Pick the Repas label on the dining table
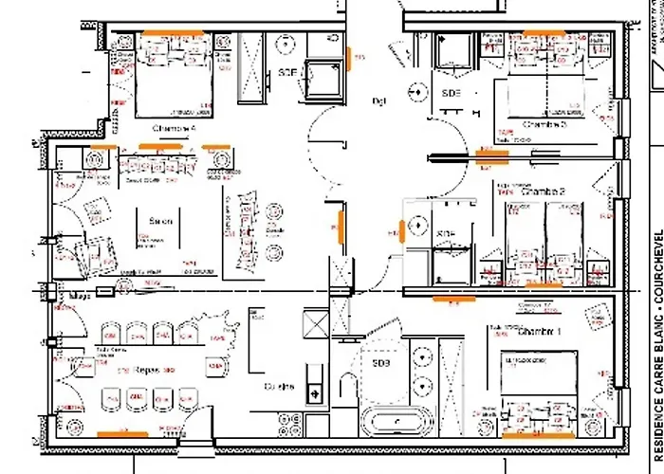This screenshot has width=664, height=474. [146, 370]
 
